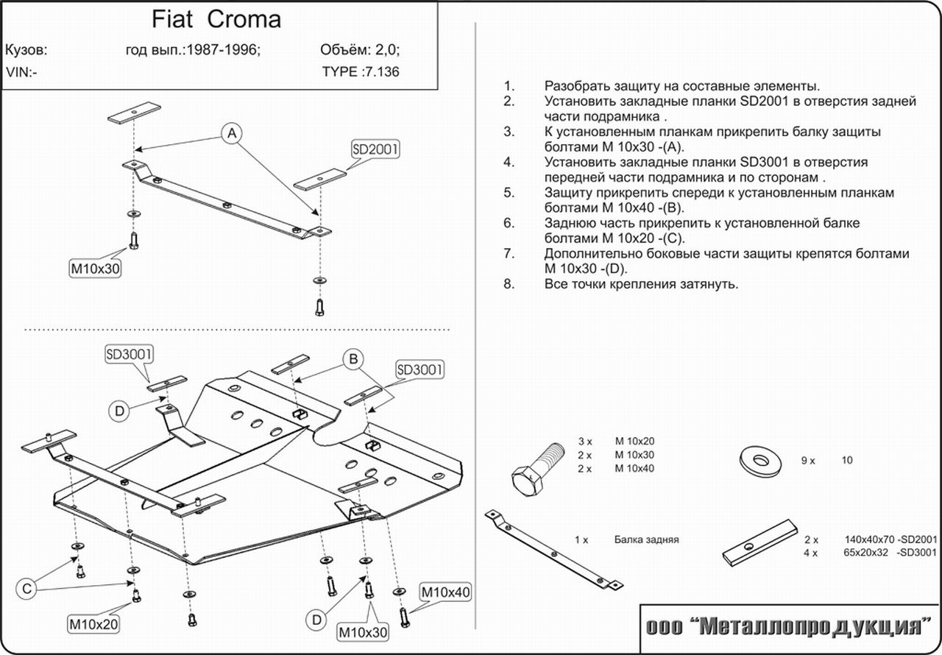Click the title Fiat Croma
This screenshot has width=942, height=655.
[x=216, y=19]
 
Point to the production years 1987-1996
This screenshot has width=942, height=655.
[x=223, y=51]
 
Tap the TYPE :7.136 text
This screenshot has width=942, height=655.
[x=361, y=72]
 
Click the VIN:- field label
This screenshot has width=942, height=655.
[x=22, y=72]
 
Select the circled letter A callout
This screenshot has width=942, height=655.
[x=232, y=133]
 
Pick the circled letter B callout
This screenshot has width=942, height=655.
[x=353, y=359]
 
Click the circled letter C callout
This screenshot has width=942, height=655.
[x=27, y=588]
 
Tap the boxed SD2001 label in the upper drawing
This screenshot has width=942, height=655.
[x=375, y=149]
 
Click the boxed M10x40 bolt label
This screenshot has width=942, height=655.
[x=445, y=592]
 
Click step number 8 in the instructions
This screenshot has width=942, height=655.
[x=508, y=283]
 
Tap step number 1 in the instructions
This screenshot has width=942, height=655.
[x=508, y=86]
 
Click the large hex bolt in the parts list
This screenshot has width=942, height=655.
[x=535, y=472]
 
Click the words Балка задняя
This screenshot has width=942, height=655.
[x=646, y=539]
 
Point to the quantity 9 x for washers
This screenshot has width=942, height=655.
[x=808, y=461]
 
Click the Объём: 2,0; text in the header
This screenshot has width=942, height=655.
[x=360, y=51]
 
